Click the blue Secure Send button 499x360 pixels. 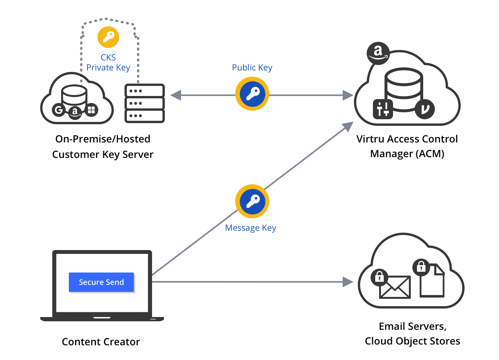pyautogui.click(x=101, y=282)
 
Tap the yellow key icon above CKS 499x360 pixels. pyautogui.click(x=108, y=37)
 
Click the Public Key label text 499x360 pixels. pyautogui.click(x=252, y=67)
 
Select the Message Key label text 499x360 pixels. pyautogui.click(x=250, y=228)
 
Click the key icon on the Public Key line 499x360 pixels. pyautogui.click(x=252, y=94)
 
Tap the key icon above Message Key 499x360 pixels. pyautogui.click(x=252, y=201)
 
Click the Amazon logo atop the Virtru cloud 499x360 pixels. pyautogui.click(x=378, y=53)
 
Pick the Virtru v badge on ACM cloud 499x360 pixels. pyautogui.click(x=425, y=109)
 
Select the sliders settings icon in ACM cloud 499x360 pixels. pyautogui.click(x=383, y=109)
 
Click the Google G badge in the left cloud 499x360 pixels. pyautogui.click(x=59, y=110)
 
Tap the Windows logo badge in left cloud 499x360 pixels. pyautogui.click(x=91, y=110)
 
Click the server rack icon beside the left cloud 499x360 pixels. pyautogui.click(x=145, y=103)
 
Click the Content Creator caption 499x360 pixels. pyautogui.click(x=101, y=342)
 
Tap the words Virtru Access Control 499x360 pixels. pyautogui.click(x=407, y=139)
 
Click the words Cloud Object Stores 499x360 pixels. pyautogui.click(x=412, y=341)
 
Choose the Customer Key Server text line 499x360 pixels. pyautogui.click(x=103, y=154)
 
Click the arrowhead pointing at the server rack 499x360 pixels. pyautogui.click(x=176, y=95)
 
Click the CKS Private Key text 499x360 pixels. pyautogui.click(x=108, y=63)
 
